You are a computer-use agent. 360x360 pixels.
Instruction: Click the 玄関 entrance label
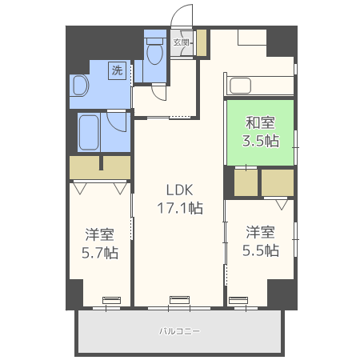pyautogui.click(x=181, y=42)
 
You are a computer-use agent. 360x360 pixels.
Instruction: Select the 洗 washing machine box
pyautogui.click(x=117, y=70)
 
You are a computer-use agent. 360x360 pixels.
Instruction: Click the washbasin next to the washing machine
pyautogui.click(x=80, y=86)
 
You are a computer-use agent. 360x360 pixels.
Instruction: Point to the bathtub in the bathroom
pyautogui.click(x=89, y=132)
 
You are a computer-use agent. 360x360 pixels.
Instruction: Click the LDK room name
pyautogui.click(x=179, y=190)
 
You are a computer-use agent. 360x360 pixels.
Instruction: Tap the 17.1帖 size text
pyautogui.click(x=180, y=208)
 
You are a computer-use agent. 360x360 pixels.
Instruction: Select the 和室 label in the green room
pyautogui.click(x=260, y=123)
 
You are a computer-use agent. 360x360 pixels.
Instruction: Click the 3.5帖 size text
pyautogui.click(x=261, y=141)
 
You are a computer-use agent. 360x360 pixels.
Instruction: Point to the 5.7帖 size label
pyautogui.click(x=100, y=253)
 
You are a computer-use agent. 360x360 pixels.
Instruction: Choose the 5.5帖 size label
pyautogui.click(x=261, y=250)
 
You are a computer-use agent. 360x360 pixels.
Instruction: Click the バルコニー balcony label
pyautogui.click(x=179, y=331)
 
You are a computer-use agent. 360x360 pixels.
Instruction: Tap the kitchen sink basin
pyautogui.click(x=240, y=86)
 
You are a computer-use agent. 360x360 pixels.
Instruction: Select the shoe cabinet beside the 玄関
pyautogui.click(x=202, y=42)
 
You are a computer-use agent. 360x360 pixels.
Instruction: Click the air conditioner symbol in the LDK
pyautogui.click(x=180, y=300)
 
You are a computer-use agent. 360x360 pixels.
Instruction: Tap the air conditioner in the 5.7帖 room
pyautogui.click(x=111, y=300)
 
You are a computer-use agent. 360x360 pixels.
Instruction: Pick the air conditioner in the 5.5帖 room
pyautogui.click(x=238, y=300)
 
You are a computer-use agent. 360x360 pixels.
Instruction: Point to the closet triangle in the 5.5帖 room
pyautogui.click(x=282, y=205)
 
